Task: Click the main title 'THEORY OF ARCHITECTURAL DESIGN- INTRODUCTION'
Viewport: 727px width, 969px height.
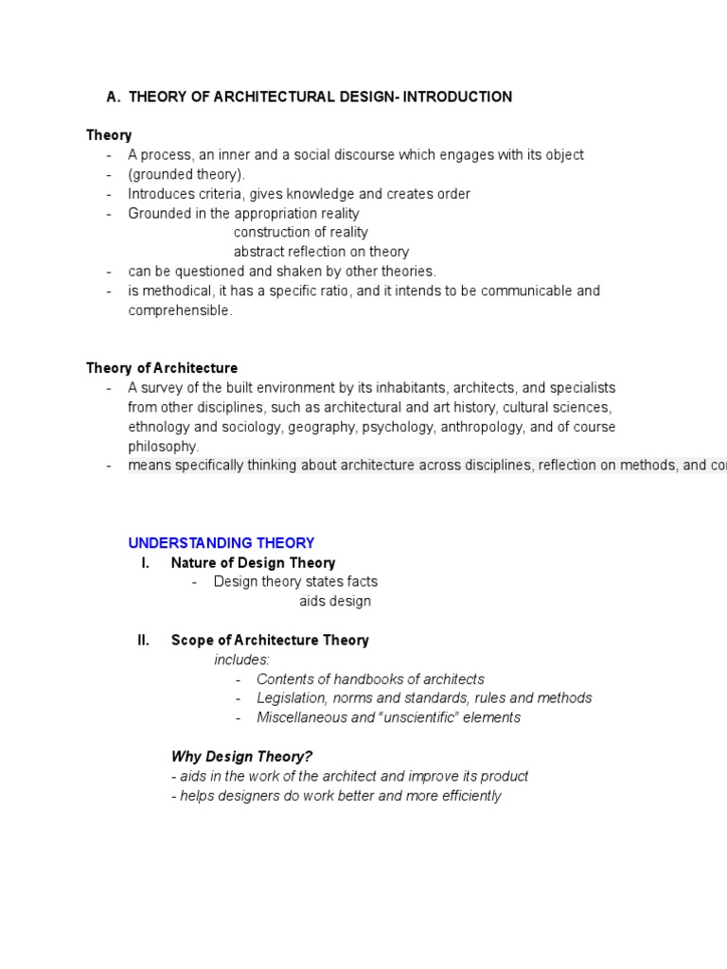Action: pyautogui.click(x=320, y=97)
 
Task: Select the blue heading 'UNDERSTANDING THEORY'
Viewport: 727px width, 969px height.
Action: pyautogui.click(x=222, y=543)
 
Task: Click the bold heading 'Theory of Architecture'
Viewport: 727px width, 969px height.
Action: pyautogui.click(x=162, y=368)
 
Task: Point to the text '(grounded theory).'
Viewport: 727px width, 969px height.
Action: pyautogui.click(x=186, y=174)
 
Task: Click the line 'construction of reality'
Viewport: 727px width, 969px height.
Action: pyautogui.click(x=301, y=233)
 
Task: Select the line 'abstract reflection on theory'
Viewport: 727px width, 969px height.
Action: pyautogui.click(x=321, y=252)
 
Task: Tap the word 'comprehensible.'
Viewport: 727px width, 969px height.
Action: pyautogui.click(x=180, y=310)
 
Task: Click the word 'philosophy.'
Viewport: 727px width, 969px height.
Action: pyautogui.click(x=164, y=446)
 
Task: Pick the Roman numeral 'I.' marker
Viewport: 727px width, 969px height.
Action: pyautogui.click(x=145, y=563)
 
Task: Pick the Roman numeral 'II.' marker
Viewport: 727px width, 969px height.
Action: pyautogui.click(x=143, y=641)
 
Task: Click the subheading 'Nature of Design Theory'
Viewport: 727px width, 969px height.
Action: pyautogui.click(x=253, y=563)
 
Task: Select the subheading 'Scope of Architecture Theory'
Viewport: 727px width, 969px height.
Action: pyautogui.click(x=270, y=641)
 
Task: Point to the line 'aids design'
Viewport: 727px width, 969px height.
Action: pyautogui.click(x=335, y=601)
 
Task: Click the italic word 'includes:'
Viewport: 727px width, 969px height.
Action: pyautogui.click(x=241, y=660)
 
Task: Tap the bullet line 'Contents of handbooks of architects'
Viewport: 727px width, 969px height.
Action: pyautogui.click(x=370, y=679)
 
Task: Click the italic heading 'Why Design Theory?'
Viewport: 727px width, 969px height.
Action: pyautogui.click(x=241, y=756)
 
